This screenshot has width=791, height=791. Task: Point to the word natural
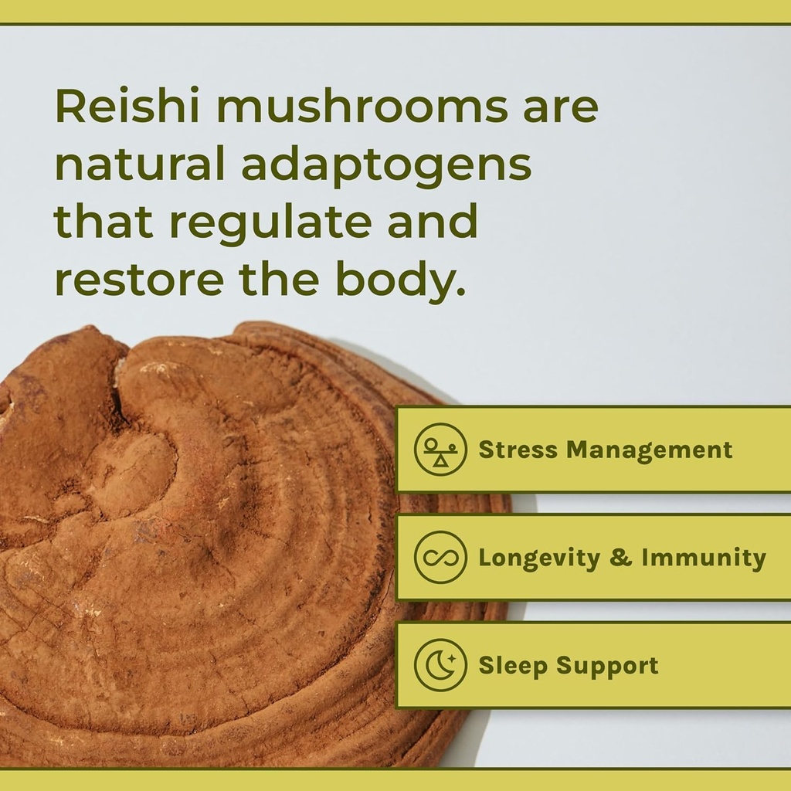[140, 164]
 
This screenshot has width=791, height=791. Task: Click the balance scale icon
[440, 449]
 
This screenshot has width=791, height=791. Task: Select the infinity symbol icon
[440, 557]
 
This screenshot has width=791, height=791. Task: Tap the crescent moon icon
[440, 665]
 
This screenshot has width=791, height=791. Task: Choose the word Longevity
[539, 558]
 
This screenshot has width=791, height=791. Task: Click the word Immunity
[704, 557]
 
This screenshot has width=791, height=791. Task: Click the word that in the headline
[104, 222]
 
